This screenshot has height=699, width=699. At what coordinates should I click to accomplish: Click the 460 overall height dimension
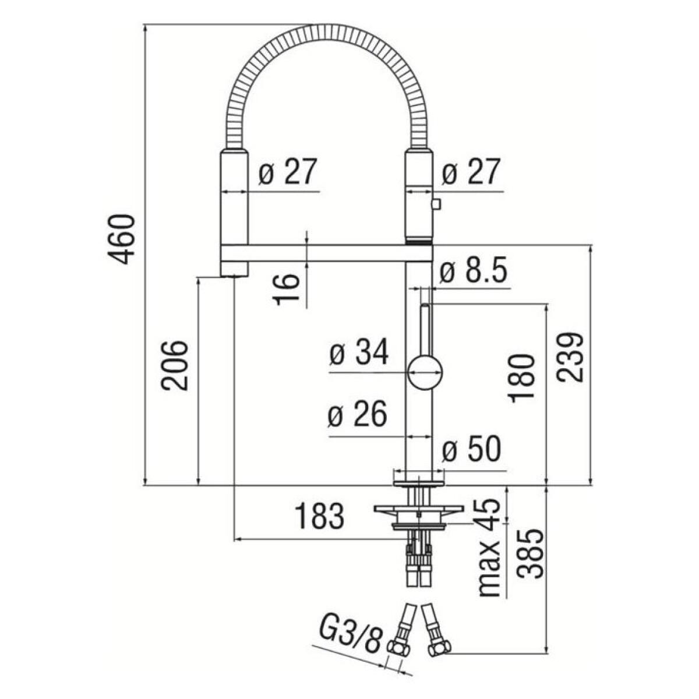point(121,239)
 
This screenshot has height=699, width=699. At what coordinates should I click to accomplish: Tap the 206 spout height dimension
point(175,365)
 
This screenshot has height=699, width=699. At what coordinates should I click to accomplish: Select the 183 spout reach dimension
point(319,517)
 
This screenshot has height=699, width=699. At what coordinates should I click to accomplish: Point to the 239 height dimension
point(570,357)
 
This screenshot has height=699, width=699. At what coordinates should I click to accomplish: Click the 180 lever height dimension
point(521,379)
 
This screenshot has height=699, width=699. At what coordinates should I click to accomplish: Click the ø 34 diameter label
point(359,352)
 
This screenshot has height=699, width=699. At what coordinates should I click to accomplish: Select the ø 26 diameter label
point(357,414)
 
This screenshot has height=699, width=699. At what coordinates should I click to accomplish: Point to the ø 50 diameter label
point(472,449)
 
